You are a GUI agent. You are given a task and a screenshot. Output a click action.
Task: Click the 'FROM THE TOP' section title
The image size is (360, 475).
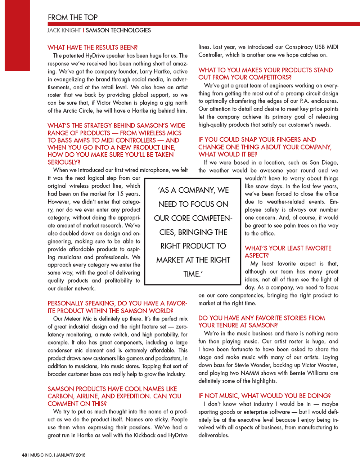click(x=73, y=17)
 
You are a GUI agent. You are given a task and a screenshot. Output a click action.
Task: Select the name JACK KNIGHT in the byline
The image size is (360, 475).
click(x=64, y=30)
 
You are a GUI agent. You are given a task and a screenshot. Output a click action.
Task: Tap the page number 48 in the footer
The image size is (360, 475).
click(x=24, y=455)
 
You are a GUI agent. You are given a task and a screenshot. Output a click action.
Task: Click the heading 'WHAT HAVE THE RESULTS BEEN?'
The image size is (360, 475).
click(x=93, y=48)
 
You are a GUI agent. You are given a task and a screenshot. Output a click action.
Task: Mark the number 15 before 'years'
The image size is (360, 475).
click(x=120, y=194)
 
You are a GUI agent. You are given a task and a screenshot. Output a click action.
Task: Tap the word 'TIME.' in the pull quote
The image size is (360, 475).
click(x=193, y=274)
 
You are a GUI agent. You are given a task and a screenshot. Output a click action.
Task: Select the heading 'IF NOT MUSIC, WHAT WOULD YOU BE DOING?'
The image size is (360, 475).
click(x=265, y=396)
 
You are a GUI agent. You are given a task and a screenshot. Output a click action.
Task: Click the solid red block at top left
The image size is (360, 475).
click(x=17, y=35)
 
